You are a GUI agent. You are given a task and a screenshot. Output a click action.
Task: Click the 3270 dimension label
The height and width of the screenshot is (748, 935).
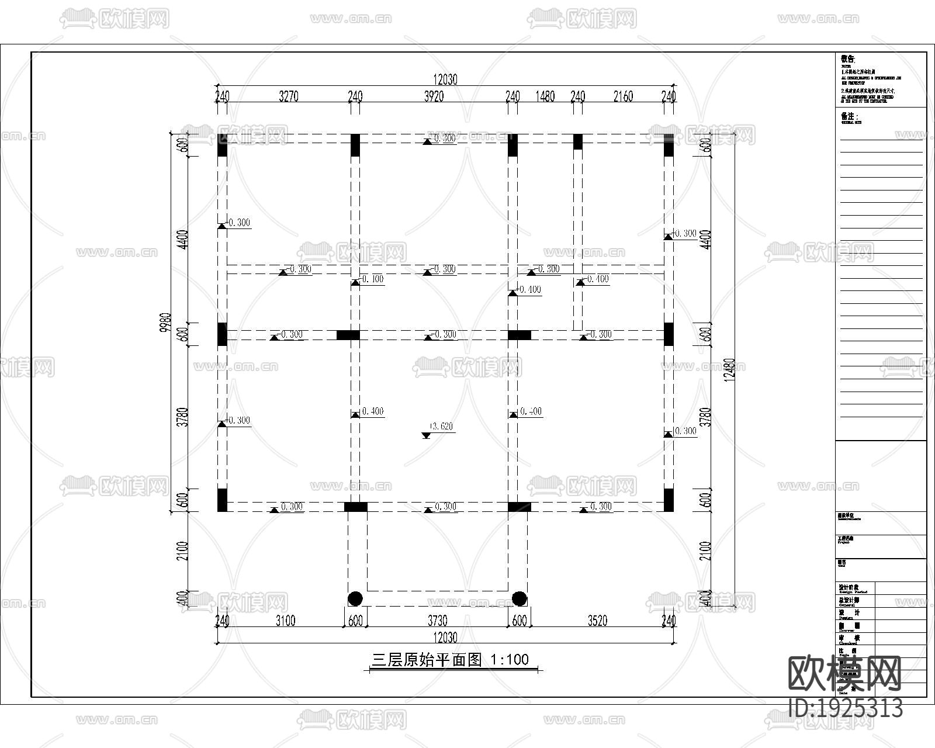click(288, 96)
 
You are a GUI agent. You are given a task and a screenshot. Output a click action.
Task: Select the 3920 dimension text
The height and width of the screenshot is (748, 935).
click(434, 96)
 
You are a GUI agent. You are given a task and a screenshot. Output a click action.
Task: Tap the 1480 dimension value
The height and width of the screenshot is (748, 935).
click(545, 96)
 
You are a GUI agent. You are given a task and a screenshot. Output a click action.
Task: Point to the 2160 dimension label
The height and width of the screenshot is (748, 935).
click(623, 96)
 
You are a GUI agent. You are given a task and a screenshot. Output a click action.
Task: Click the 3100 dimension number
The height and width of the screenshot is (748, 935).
click(285, 621)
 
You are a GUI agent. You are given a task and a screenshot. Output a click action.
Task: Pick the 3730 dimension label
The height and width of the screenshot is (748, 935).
click(437, 621)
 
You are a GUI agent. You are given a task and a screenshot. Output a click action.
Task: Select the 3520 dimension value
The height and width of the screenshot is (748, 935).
click(597, 621)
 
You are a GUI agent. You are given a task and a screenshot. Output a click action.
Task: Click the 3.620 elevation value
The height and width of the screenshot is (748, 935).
click(441, 427)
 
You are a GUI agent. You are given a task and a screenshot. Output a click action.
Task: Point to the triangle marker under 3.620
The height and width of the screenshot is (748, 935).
click(426, 435)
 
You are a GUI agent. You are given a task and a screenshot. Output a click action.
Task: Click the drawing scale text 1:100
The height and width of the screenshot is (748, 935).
click(510, 660)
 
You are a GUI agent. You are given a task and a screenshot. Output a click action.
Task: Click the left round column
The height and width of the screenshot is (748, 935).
click(355, 598)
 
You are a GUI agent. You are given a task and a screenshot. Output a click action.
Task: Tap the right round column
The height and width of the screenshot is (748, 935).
click(519, 598)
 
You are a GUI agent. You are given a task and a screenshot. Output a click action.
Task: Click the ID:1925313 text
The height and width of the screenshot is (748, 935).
click(846, 708)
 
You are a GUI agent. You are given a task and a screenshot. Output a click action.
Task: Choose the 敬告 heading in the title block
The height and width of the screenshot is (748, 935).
click(847, 59)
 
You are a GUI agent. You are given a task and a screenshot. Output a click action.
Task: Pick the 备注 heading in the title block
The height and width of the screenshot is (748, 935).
click(849, 116)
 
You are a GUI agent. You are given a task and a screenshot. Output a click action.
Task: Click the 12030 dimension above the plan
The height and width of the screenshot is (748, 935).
click(445, 80)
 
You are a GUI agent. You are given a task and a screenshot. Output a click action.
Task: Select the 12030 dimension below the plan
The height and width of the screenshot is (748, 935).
click(445, 637)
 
